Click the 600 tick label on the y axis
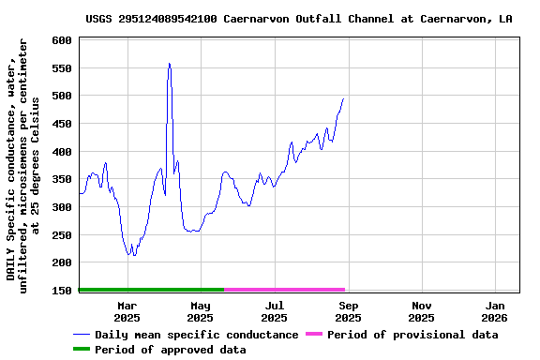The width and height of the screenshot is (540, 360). tap(62, 40)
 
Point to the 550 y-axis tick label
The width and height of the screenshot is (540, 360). tap(62, 68)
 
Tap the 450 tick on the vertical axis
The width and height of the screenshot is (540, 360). tap(62, 124)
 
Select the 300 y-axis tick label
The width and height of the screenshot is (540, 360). tap(62, 207)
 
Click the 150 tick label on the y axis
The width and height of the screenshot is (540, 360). tap(62, 291)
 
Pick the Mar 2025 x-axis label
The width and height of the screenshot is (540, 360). tap(127, 311)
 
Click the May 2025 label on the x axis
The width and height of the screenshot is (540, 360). tap(201, 311)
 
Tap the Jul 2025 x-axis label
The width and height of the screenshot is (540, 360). tap(274, 311)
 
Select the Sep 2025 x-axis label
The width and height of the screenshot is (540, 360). tap(348, 311)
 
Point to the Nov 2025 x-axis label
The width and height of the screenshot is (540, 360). tap(422, 311)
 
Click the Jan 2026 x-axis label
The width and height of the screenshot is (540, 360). tap(495, 311)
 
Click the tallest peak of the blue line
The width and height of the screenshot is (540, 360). tap(169, 64)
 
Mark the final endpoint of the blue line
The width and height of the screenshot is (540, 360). tap(343, 98)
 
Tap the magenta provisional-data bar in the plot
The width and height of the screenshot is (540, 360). tap(285, 290)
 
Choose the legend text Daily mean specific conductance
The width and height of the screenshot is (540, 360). tap(196, 335)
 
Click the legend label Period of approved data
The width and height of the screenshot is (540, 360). tap(170, 350)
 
